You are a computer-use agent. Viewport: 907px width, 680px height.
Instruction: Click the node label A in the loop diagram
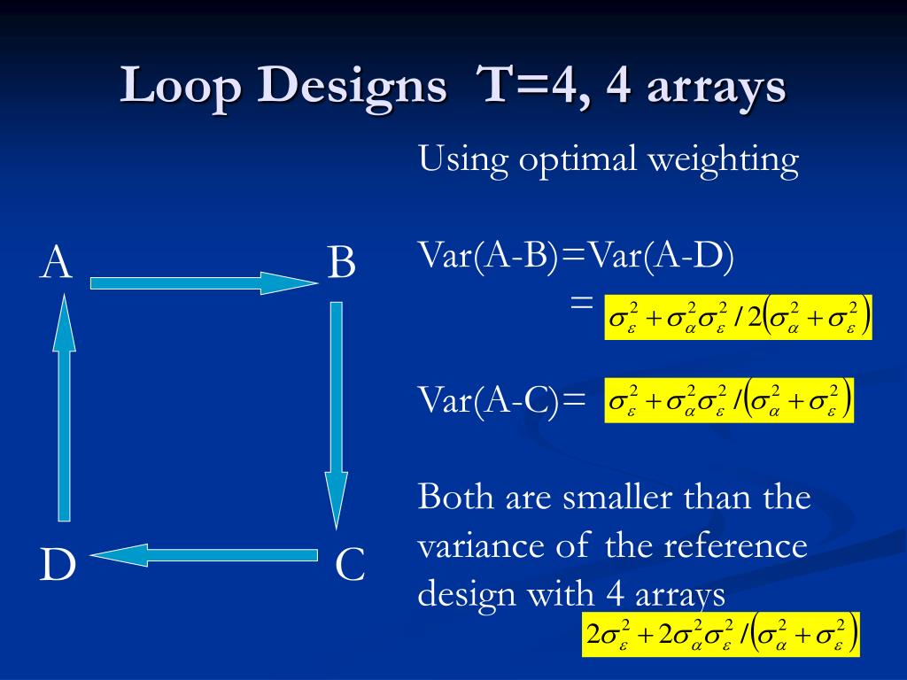tap(56, 264)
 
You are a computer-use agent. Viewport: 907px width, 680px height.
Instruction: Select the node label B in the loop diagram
tap(342, 264)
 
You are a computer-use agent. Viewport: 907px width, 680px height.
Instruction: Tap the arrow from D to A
tap(63, 407)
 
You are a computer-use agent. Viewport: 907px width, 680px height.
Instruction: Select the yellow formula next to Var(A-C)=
tap(729, 400)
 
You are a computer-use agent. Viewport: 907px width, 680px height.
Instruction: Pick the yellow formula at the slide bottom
tap(721, 634)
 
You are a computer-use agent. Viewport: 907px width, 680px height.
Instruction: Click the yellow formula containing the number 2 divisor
tap(738, 317)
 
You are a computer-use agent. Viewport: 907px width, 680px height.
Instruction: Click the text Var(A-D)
tap(663, 259)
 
